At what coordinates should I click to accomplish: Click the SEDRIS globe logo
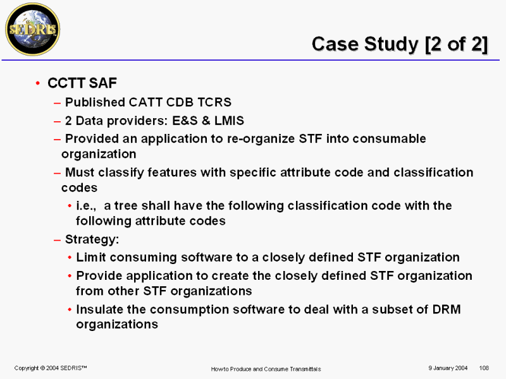pos(33,29)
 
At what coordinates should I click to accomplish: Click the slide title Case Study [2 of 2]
pos(400,44)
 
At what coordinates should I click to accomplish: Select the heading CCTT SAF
pos(82,83)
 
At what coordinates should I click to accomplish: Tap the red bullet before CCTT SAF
pos(38,83)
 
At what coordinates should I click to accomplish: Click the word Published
pos(95,102)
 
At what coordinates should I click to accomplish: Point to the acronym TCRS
pos(214,102)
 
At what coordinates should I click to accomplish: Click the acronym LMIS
pos(229,121)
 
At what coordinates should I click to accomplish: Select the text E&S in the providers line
pos(185,121)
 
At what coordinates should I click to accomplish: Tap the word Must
pos(80,172)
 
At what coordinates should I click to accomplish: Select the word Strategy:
pos(92,240)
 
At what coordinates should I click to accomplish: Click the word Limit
pos(91,257)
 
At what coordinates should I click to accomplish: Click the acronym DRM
pos(447,309)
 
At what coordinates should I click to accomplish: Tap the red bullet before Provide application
pos(70,276)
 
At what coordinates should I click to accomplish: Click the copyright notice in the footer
pos(51,368)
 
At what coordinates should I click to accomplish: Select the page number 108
pos(484,368)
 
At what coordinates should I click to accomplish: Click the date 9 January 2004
pos(448,368)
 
